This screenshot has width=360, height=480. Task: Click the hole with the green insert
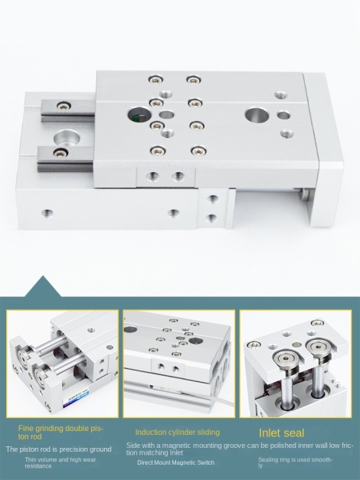tap(139, 116)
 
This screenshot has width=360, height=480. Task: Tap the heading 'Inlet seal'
tap(282, 433)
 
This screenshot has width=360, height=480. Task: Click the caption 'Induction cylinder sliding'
tap(178, 433)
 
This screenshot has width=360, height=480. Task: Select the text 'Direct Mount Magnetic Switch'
tap(176, 462)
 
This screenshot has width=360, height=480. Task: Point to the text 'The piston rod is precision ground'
tap(58, 449)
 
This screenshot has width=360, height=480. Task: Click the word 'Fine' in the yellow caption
tap(25, 428)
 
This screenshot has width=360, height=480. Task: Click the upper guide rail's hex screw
tap(64, 106)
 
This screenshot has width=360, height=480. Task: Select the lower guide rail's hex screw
tap(60, 152)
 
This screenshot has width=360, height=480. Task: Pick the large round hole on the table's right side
tap(257, 116)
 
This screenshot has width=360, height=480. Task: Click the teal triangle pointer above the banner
tap(43, 286)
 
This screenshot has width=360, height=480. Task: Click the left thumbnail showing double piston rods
tap(63, 364)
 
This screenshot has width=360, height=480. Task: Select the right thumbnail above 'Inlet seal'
tap(296, 364)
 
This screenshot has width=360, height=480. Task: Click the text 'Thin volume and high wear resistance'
tap(61, 462)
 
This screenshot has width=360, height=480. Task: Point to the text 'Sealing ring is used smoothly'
tap(295, 462)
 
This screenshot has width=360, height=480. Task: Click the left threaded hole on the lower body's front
tap(47, 212)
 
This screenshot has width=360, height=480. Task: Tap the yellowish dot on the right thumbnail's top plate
tap(296, 344)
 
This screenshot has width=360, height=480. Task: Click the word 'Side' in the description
tap(133, 445)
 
